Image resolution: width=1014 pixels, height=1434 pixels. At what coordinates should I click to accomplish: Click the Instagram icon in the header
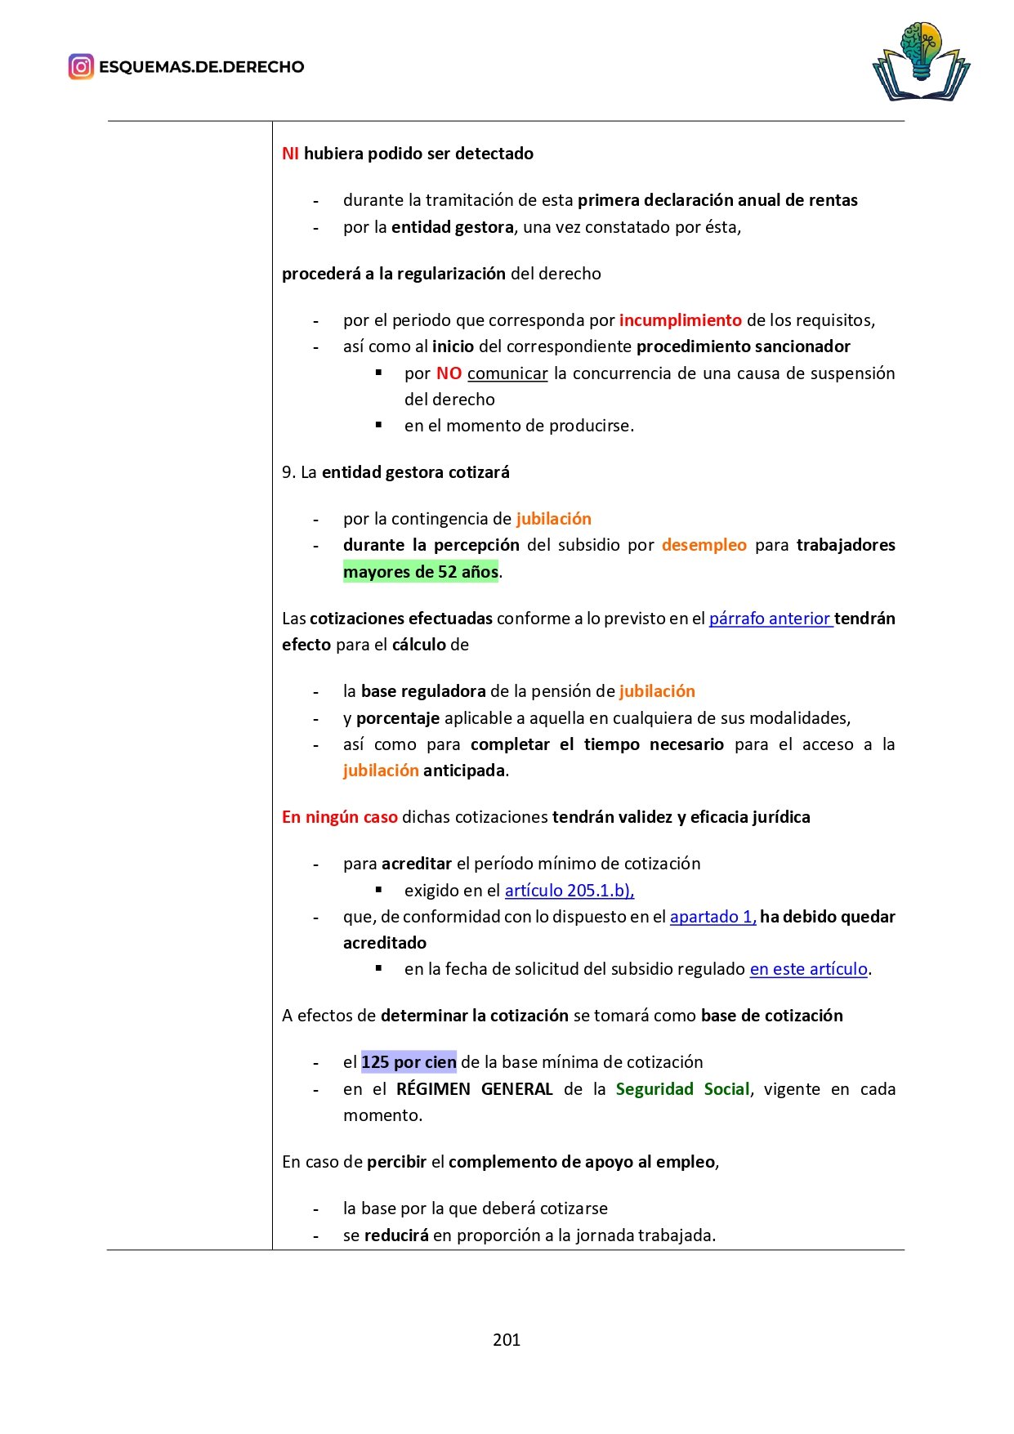point(81,67)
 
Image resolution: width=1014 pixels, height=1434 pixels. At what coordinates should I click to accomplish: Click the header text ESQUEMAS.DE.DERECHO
point(201,67)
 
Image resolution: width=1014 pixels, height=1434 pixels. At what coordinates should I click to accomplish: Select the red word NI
point(290,154)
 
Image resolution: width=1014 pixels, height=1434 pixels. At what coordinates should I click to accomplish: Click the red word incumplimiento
point(680,320)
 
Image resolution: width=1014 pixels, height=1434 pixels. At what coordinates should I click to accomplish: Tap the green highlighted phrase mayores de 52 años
point(421,572)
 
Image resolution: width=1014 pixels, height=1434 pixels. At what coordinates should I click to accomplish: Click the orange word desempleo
point(704,545)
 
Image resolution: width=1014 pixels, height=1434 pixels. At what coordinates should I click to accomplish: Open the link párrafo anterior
point(770,619)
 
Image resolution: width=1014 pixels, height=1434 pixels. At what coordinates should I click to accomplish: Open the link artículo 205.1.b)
point(569,891)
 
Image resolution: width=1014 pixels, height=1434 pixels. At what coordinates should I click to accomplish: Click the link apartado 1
point(712,917)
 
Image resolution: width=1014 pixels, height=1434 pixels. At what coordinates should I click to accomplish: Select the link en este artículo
point(808,969)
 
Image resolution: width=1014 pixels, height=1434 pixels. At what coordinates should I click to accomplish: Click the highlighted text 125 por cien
point(409,1062)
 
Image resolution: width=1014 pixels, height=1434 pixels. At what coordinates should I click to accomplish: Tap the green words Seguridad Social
point(682,1089)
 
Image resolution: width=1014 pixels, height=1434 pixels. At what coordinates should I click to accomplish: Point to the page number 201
point(507,1339)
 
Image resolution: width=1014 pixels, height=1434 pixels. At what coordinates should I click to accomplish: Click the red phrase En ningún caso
point(340,817)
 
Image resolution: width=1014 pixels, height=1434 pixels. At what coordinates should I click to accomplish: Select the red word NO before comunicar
point(449,373)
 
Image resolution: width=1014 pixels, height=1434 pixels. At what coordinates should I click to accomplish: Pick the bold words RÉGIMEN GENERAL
point(474,1089)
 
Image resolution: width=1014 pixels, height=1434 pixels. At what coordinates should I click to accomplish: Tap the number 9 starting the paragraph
point(288,472)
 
